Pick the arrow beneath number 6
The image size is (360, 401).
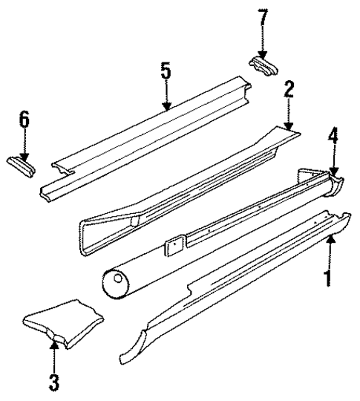24,146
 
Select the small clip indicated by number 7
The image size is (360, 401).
264,65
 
